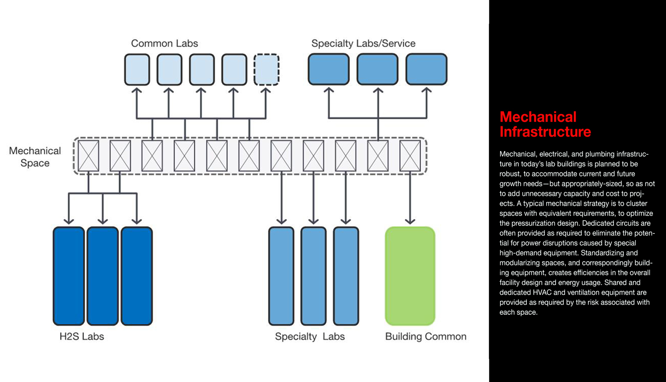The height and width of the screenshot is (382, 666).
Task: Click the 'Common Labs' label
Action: pyautogui.click(x=164, y=43)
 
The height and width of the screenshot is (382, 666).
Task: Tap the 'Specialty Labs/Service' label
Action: pyautogui.click(x=363, y=43)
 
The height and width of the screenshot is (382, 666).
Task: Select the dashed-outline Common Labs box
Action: pyautogui.click(x=266, y=69)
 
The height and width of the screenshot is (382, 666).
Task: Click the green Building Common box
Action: pyautogui.click(x=410, y=276)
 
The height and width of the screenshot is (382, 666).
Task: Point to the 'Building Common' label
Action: pyautogui.click(x=425, y=336)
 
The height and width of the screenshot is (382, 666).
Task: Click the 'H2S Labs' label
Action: pyautogui.click(x=82, y=336)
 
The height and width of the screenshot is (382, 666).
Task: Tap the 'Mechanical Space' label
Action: pyautogui.click(x=35, y=157)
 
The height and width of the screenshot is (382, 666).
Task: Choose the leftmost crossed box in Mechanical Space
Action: pyautogui.click(x=88, y=156)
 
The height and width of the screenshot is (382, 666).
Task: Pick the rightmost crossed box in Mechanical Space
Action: pyautogui.click(x=410, y=156)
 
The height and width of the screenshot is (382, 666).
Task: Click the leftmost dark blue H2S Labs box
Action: pyautogui.click(x=69, y=276)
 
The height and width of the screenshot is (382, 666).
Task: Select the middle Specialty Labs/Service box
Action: pyautogui.click(x=377, y=69)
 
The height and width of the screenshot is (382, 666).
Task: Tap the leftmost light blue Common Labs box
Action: pyautogui.click(x=137, y=69)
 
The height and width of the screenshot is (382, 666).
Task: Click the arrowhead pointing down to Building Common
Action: pyautogui.click(x=410, y=220)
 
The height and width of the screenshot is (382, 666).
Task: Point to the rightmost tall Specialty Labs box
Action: pyautogui.click(x=346, y=276)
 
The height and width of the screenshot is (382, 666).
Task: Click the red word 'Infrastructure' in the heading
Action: pyautogui.click(x=545, y=132)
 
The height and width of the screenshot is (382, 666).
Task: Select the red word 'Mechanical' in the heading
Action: pyautogui.click(x=538, y=117)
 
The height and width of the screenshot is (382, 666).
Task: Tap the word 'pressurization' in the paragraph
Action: pyautogui.click(x=530, y=223)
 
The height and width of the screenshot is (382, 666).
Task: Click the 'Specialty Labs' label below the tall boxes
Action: pyautogui.click(x=310, y=336)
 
